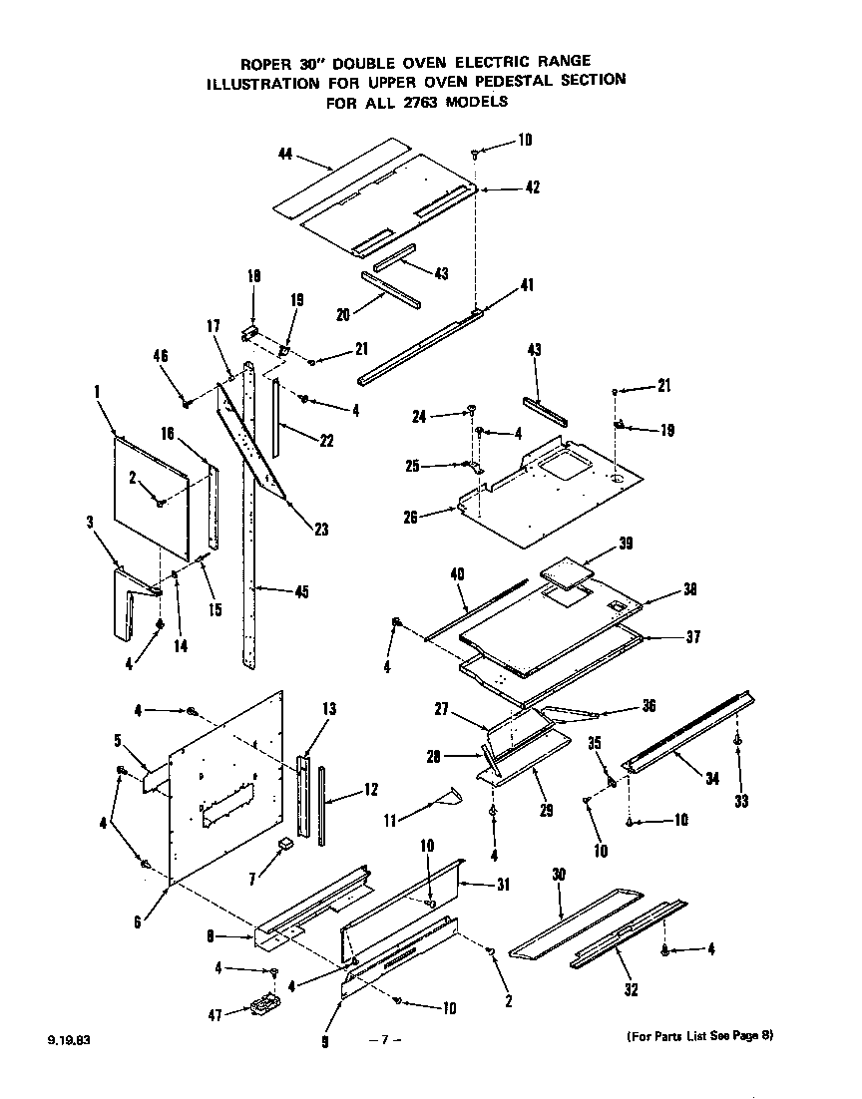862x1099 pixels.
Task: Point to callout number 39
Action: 625,544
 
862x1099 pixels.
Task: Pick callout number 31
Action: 503,887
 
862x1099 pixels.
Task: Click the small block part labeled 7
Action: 286,844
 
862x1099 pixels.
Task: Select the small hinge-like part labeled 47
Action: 261,1007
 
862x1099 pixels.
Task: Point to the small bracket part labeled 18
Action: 250,332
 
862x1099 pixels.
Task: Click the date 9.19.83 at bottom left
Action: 67,1040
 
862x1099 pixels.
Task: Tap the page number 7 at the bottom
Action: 384,1040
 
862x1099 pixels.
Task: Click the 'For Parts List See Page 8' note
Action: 699,1036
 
